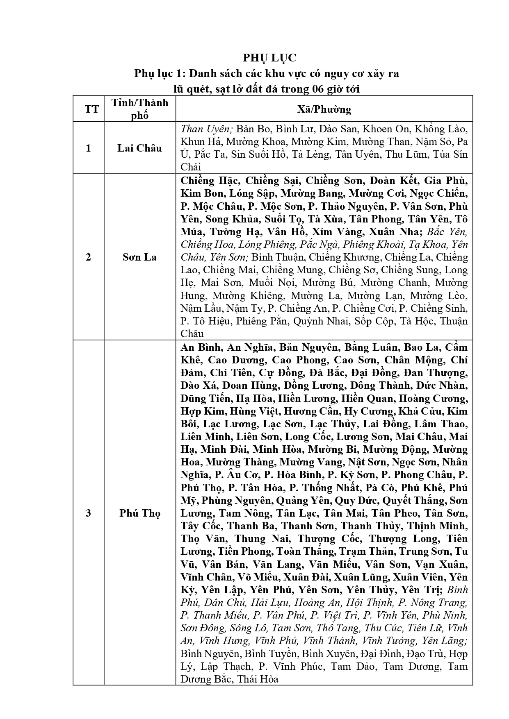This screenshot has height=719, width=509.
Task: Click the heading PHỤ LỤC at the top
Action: pyautogui.click(x=269, y=58)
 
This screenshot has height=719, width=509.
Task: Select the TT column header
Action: pyautogui.click(x=92, y=109)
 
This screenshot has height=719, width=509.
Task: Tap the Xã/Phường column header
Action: pyautogui.click(x=324, y=109)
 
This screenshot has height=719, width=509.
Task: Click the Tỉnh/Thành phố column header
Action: pyautogui.click(x=140, y=109)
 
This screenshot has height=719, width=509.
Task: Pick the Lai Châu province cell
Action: pyautogui.click(x=140, y=148)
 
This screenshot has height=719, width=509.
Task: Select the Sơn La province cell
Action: pyautogui.click(x=140, y=257)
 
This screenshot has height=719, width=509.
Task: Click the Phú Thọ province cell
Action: pyautogui.click(x=140, y=513)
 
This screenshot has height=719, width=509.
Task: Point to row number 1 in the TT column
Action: pyautogui.click(x=88, y=148)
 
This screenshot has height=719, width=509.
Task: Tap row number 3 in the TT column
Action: pyautogui.click(x=88, y=513)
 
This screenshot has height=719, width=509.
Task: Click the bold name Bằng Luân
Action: pyautogui.click(x=371, y=347)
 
